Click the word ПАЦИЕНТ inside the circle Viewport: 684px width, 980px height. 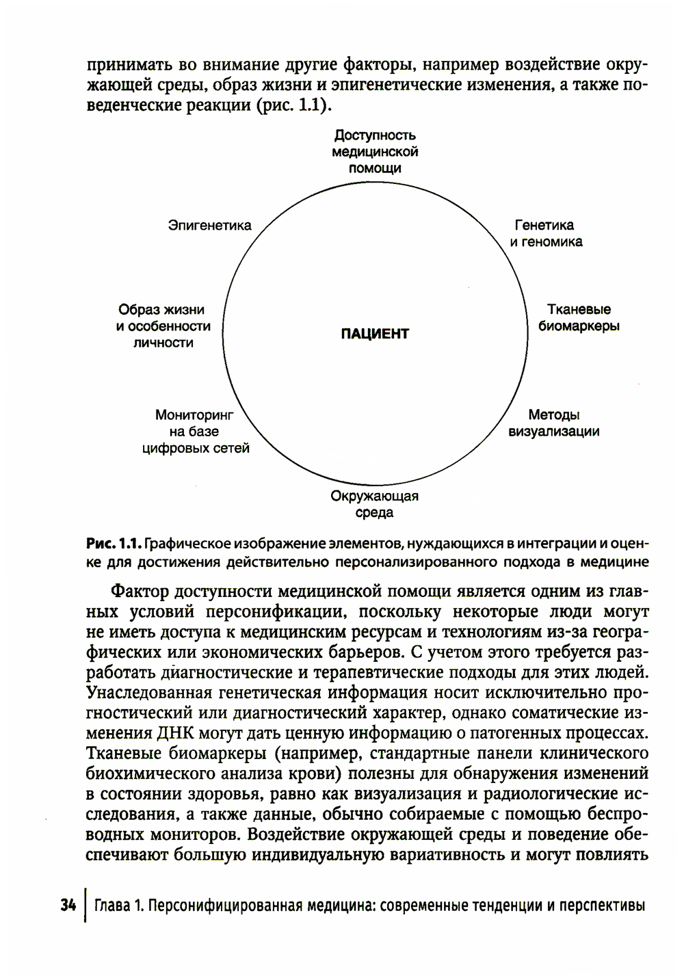pyautogui.click(x=375, y=334)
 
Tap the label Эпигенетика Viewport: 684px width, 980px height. pyautogui.click(x=209, y=226)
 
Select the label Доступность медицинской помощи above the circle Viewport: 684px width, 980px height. pyautogui.click(x=375, y=152)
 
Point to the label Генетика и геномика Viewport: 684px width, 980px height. pyautogui.click(x=545, y=233)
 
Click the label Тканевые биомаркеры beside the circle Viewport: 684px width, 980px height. pyautogui.click(x=579, y=318)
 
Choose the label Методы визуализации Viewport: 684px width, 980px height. pyautogui.click(x=554, y=423)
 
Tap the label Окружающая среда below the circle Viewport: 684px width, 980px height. pyautogui.click(x=374, y=504)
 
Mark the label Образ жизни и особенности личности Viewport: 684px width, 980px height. pyautogui.click(x=163, y=326)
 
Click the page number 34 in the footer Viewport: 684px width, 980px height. pyautogui.click(x=68, y=905)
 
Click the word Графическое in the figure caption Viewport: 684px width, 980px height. pyautogui.click(x=187, y=544)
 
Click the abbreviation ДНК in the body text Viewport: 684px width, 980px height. pyautogui.click(x=176, y=734)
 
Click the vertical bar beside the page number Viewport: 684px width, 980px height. pyautogui.click(x=85, y=905)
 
